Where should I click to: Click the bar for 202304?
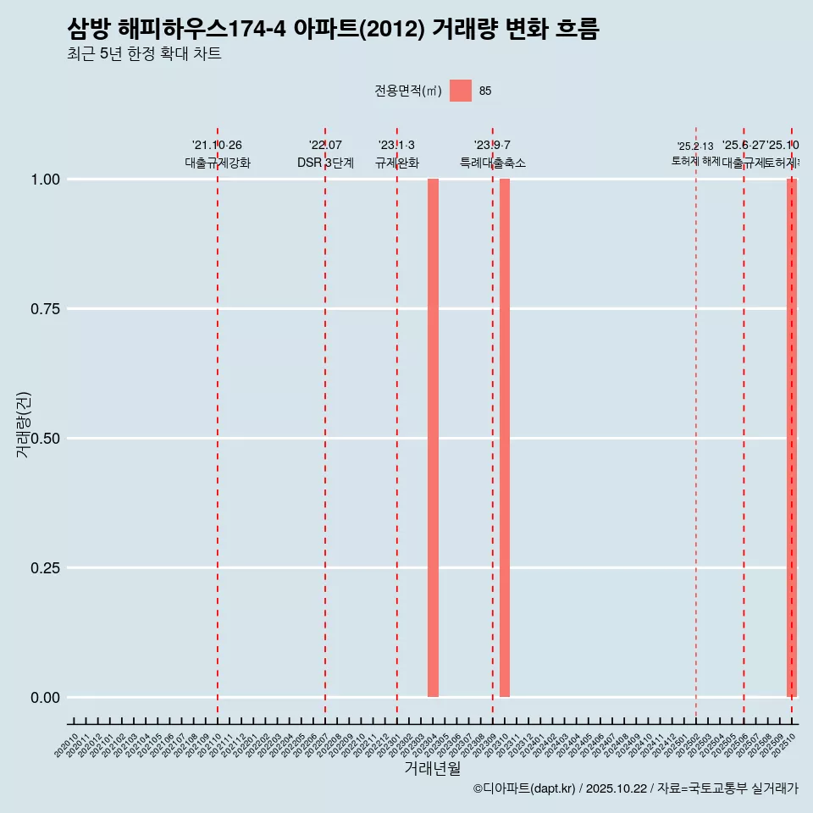point(433,438)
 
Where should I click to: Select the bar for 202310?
point(505,438)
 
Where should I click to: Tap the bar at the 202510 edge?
point(792,438)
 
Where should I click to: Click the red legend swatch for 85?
point(461,91)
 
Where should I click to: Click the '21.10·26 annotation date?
point(218,146)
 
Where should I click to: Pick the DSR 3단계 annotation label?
point(325,163)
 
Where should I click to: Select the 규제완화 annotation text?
point(397,163)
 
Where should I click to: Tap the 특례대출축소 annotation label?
point(493,163)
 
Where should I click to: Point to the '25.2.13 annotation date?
point(695,147)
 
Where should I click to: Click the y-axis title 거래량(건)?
point(24,423)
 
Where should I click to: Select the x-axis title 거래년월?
point(432,769)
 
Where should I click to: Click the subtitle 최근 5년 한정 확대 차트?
point(144,54)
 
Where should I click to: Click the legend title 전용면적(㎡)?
point(408,91)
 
